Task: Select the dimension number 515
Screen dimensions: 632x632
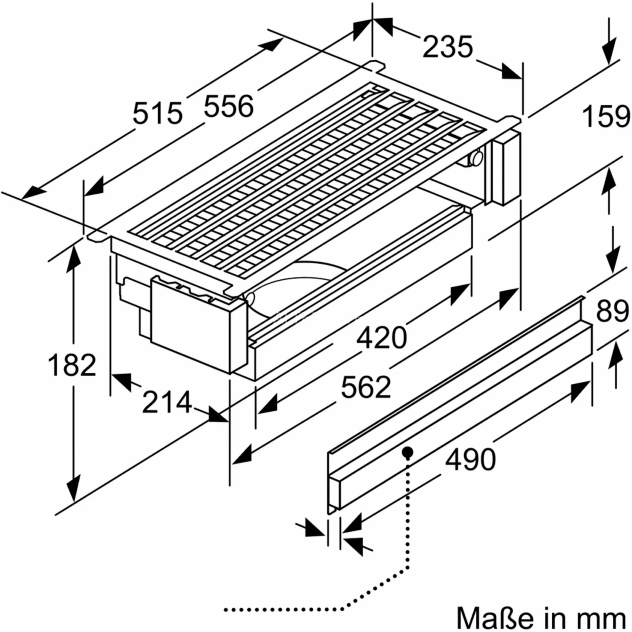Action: (158, 114)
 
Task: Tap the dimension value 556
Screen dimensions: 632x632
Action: (229, 106)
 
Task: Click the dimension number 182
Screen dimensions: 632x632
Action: (72, 365)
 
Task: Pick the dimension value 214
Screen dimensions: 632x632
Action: (167, 402)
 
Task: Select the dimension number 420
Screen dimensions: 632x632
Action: (382, 338)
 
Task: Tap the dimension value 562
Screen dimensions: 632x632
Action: (366, 387)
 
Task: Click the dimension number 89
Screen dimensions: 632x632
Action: (612, 312)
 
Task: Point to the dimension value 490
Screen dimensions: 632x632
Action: (471, 459)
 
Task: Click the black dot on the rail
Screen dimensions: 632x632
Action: (407, 453)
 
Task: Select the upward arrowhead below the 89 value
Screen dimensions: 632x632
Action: (616, 353)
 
